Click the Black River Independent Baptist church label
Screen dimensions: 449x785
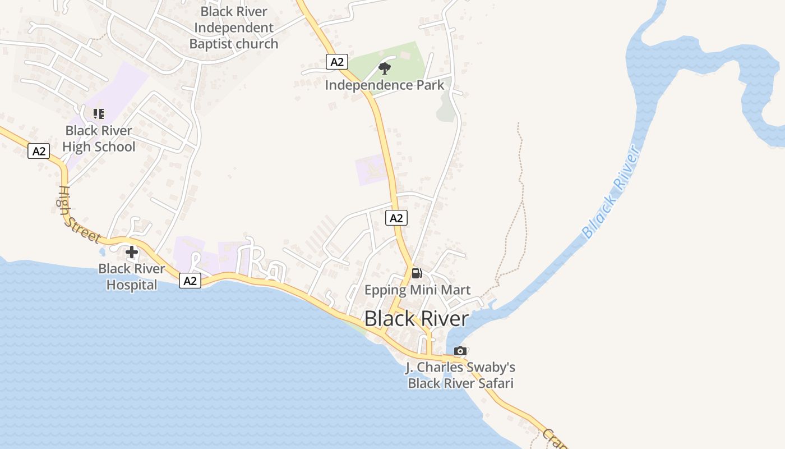click(234, 28)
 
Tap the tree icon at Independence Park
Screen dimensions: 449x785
click(384, 68)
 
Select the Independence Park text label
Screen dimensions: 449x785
click(385, 85)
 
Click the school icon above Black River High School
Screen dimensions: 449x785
click(99, 114)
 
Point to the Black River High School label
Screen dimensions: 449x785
click(99, 139)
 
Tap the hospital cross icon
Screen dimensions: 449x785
click(132, 252)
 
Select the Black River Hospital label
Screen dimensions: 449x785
click(132, 277)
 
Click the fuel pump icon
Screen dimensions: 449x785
click(417, 273)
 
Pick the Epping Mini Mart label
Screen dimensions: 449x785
click(417, 290)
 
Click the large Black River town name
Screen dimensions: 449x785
click(417, 319)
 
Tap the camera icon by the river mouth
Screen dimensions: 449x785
click(460, 351)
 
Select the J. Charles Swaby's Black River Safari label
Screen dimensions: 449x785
click(460, 375)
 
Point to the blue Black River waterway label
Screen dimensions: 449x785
click(611, 193)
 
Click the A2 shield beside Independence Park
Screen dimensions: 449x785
click(336, 62)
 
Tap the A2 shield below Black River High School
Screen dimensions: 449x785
click(39, 151)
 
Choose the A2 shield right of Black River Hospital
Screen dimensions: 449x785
click(190, 281)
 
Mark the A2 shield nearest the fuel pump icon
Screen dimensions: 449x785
click(396, 218)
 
